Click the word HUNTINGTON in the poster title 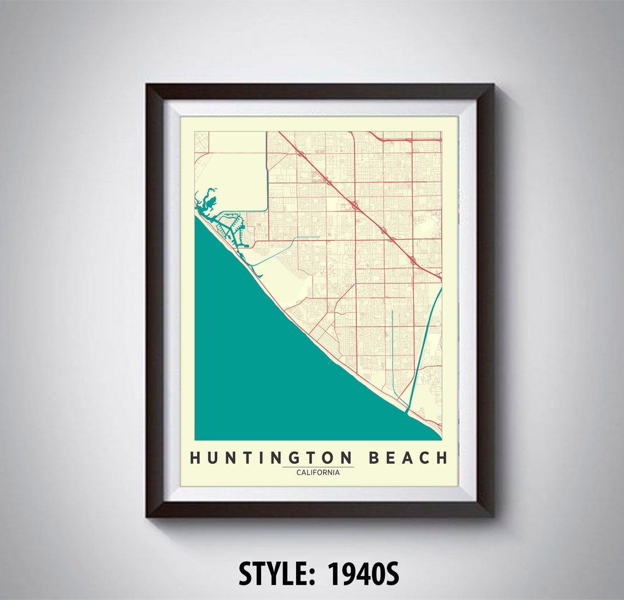point(271,458)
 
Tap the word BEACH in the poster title point(407,458)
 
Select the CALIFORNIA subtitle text point(317,472)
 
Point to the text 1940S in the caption point(363,574)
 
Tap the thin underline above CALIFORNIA point(317,467)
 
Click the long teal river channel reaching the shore point(424,350)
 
